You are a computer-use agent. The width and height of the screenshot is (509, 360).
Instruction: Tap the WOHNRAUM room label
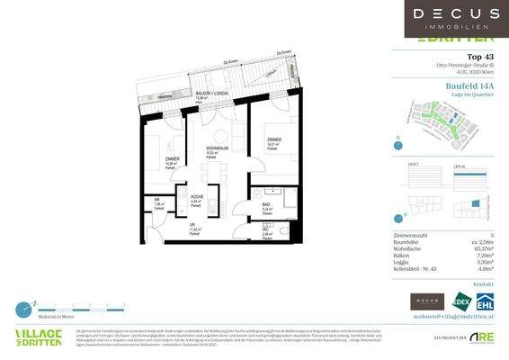tap(216, 149)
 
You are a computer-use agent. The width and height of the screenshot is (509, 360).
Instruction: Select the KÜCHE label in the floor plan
tap(198, 198)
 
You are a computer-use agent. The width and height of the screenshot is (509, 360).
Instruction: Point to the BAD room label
tap(267, 205)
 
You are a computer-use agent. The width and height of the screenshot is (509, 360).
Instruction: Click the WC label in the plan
tap(267, 229)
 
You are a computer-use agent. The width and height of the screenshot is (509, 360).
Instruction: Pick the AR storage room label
tap(156, 201)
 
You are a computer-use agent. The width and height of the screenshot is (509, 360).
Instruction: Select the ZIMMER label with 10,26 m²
tap(172, 160)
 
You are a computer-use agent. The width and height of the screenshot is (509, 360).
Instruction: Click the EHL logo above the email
tap(486, 301)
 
